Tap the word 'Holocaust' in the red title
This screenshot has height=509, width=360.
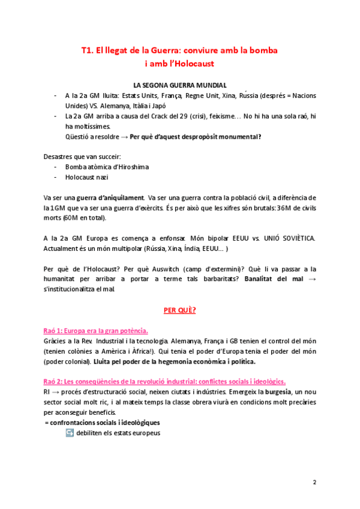click(194, 62)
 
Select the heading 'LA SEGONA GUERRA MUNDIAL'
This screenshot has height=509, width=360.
click(179, 86)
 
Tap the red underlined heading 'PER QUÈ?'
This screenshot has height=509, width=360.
click(179, 310)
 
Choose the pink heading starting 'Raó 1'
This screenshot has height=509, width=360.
click(96, 331)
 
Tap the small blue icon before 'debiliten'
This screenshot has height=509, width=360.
click(70, 433)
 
